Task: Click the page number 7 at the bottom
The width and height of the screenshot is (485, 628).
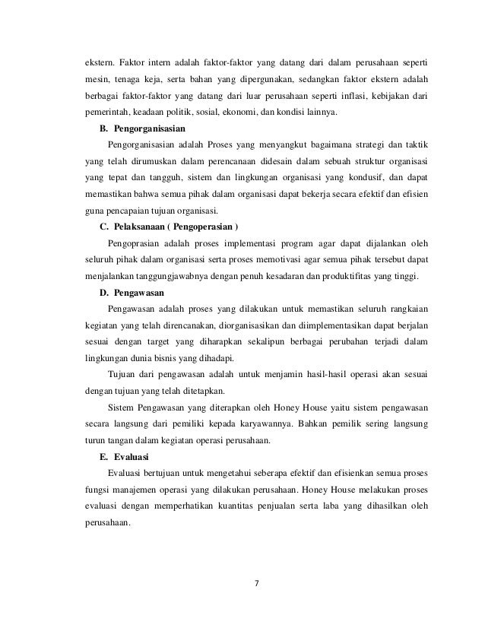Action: pyautogui.click(x=256, y=584)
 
